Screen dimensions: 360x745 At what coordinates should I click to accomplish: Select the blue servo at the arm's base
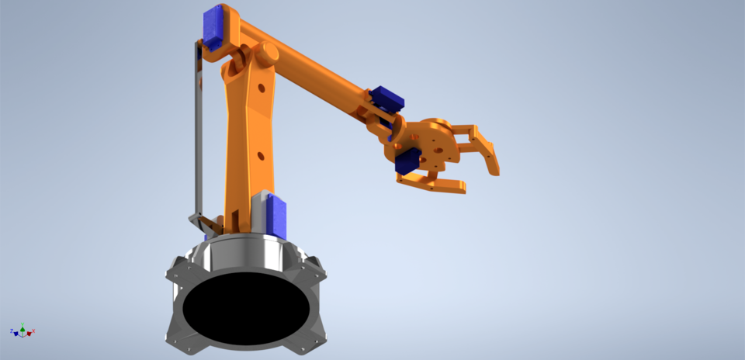tap(277, 217)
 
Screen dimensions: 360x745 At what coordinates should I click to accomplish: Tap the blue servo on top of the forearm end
tap(387, 99)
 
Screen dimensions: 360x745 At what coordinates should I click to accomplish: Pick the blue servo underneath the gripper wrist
tap(407, 164)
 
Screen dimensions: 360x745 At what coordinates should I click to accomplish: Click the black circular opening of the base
tap(245, 306)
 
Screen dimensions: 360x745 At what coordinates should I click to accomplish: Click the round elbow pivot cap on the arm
tap(269, 54)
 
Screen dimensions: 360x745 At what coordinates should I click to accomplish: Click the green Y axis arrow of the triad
tap(23, 325)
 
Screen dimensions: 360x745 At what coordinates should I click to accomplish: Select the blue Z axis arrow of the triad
tap(13, 331)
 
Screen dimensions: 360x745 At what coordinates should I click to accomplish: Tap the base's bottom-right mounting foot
tap(313, 335)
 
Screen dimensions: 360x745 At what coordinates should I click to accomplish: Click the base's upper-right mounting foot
tap(314, 267)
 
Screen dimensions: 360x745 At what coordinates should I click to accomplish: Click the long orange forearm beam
tap(318, 74)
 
